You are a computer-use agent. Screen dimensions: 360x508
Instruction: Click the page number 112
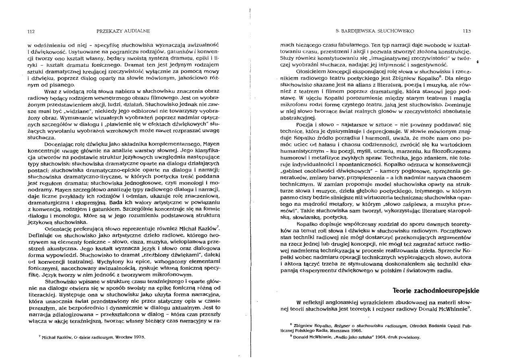point(30,31)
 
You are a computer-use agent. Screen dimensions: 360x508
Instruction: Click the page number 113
point(467,31)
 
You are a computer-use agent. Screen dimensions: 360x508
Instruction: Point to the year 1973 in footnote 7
point(138,336)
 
